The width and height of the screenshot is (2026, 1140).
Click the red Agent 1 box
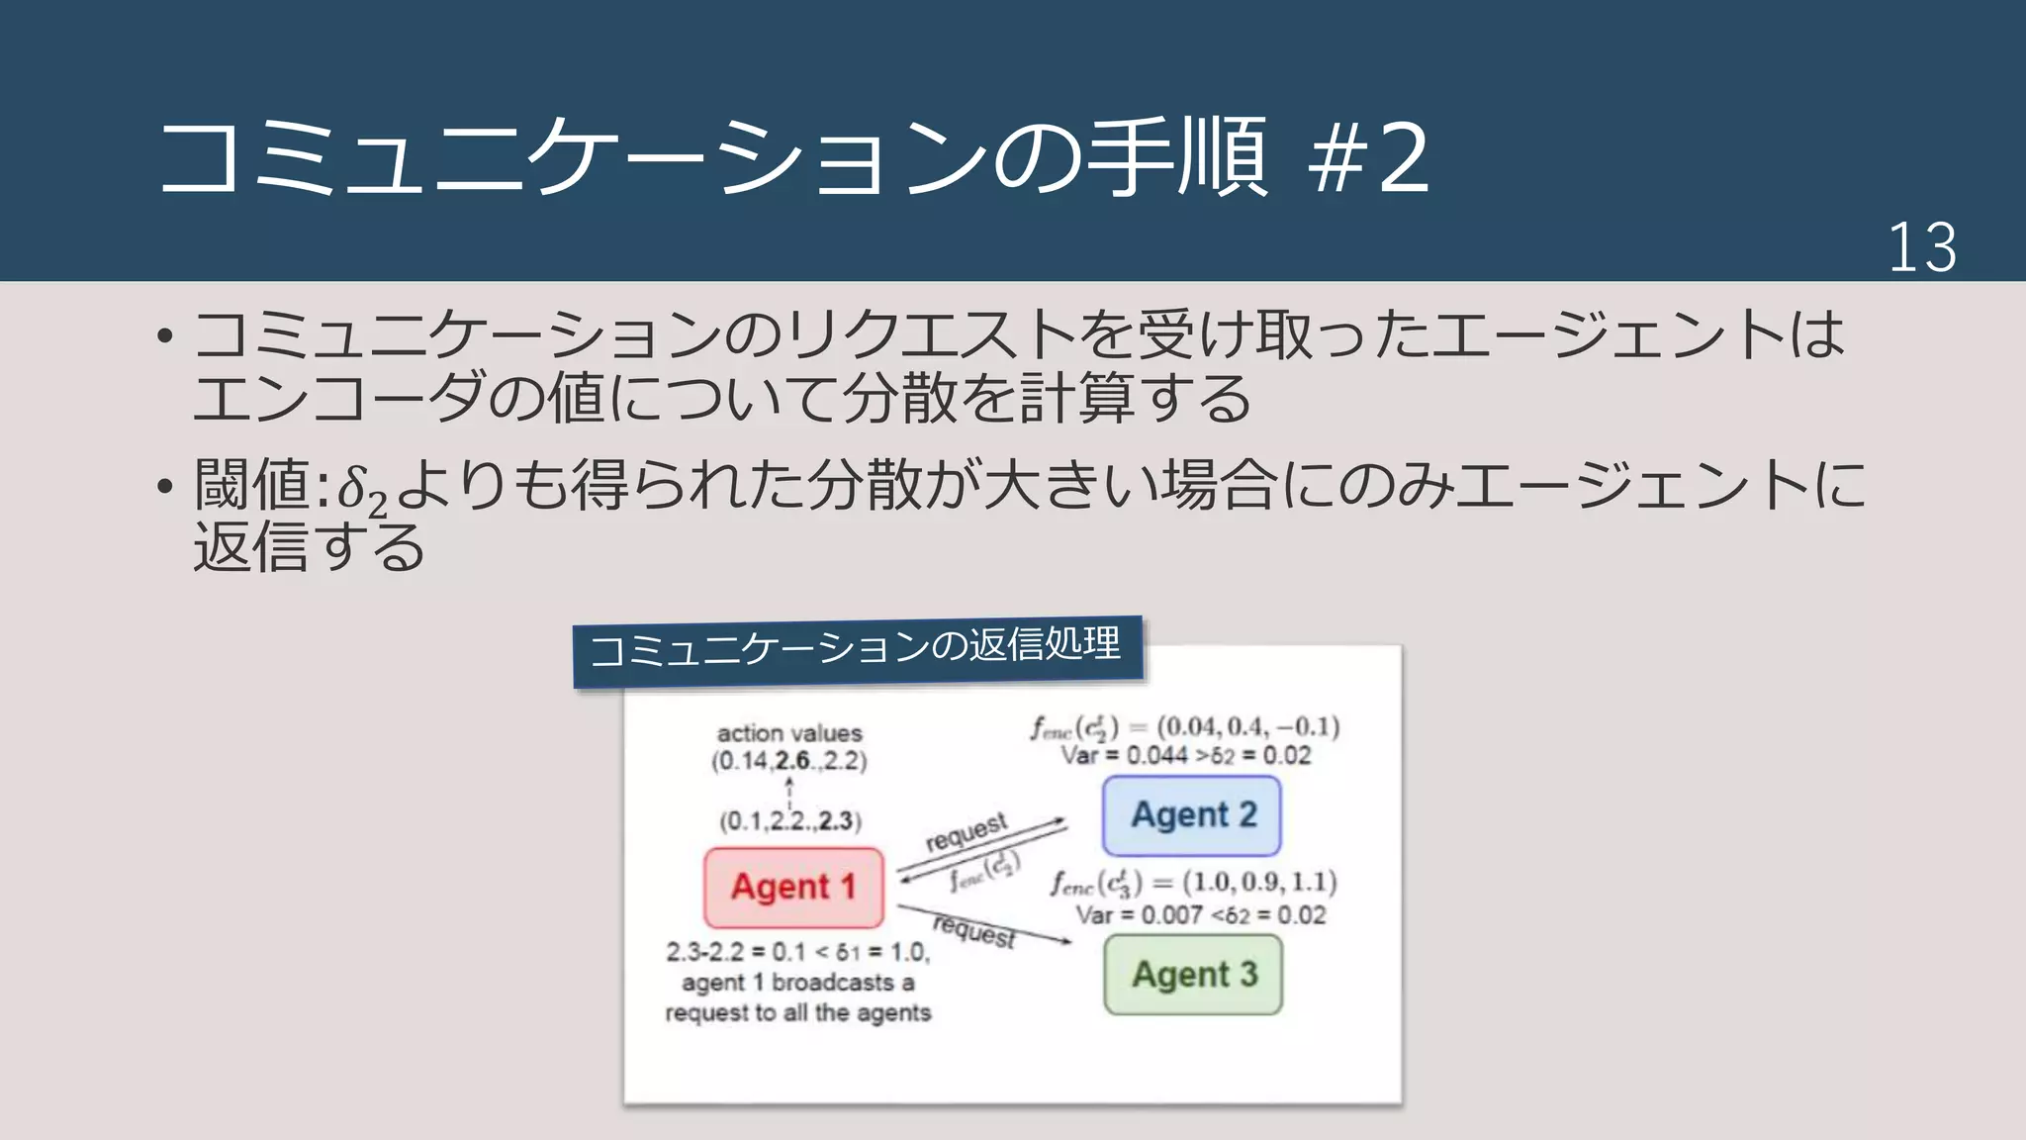(x=793, y=887)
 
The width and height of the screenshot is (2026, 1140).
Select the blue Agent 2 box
(x=1192, y=815)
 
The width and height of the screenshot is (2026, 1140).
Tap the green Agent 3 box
(x=1193, y=975)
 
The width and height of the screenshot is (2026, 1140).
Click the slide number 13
(x=1921, y=247)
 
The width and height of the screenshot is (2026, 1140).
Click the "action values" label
(x=789, y=733)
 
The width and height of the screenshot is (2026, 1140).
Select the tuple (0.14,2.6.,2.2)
(x=788, y=761)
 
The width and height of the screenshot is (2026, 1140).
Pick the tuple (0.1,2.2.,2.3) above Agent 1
(x=790, y=820)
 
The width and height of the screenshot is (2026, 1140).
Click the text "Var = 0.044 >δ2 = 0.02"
(x=1185, y=756)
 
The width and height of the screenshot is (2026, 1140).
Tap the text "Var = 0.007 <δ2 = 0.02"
(x=1200, y=915)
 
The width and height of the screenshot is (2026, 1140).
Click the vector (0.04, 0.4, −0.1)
(x=1248, y=727)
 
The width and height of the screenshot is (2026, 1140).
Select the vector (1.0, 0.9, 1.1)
(x=1259, y=882)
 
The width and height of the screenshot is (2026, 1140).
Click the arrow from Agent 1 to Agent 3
(x=984, y=923)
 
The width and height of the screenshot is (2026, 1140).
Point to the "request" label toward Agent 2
(x=966, y=831)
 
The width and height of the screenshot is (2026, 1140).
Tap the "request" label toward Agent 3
(x=974, y=931)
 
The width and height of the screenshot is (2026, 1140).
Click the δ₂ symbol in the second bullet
(x=361, y=490)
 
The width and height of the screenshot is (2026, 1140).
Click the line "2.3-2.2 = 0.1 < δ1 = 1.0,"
(x=797, y=952)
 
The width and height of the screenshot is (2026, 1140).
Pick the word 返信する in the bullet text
(x=309, y=547)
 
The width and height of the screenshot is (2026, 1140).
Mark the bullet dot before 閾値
(x=165, y=486)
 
